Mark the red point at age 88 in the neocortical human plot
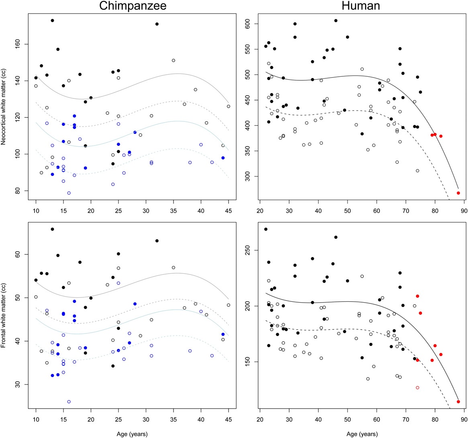(x=458, y=193)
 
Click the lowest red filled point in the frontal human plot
(x=458, y=402)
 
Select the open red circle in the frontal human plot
(x=417, y=388)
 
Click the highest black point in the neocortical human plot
(x=336, y=20)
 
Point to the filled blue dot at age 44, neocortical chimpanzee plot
(x=223, y=158)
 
